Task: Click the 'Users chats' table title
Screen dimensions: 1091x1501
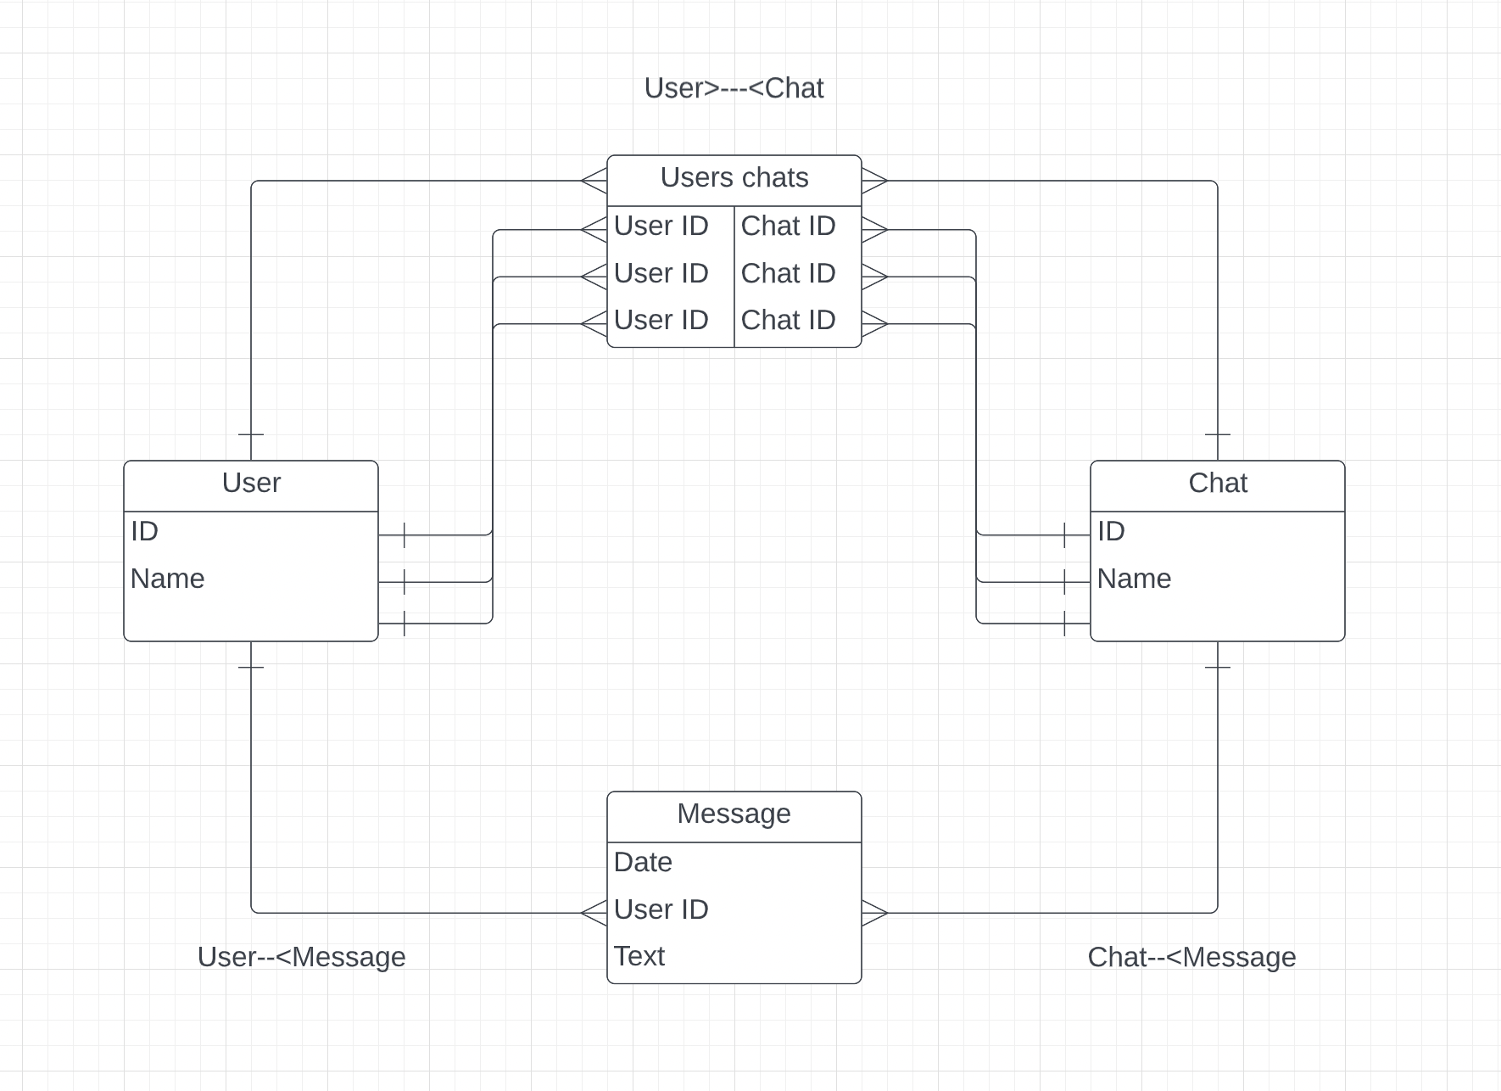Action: tap(734, 178)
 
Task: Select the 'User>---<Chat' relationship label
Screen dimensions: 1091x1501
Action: tap(734, 88)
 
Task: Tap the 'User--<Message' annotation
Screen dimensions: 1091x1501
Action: tap(301, 957)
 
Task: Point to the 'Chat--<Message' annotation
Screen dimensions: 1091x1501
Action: tap(1191, 957)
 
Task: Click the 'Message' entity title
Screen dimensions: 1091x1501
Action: tap(734, 814)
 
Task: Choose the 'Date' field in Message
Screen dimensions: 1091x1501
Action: tap(643, 863)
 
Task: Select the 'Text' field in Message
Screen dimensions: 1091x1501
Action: tap(639, 956)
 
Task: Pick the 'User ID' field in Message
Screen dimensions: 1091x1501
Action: tap(661, 909)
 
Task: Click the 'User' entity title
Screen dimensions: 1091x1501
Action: tap(251, 484)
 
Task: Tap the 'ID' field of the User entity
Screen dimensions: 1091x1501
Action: tap(145, 532)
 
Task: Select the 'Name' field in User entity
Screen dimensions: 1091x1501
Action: tap(168, 579)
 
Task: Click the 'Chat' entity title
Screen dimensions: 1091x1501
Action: tap(1218, 484)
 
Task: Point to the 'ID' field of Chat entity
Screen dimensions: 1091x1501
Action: tap(1111, 532)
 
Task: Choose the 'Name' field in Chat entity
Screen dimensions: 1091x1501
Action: tap(1134, 579)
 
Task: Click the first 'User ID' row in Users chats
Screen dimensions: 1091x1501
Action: tap(661, 227)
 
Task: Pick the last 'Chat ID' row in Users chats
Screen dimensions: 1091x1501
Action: tap(789, 321)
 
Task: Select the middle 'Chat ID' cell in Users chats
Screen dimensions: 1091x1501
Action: tap(789, 273)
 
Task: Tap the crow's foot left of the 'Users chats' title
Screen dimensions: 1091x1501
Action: tap(594, 181)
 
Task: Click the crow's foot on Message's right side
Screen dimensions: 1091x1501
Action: tap(874, 913)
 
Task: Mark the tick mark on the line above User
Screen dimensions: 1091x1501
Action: tap(251, 434)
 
